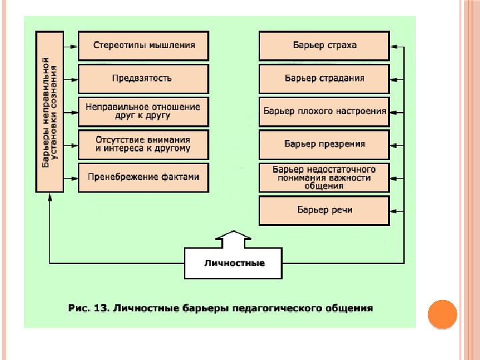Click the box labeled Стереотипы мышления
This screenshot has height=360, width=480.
[x=144, y=46]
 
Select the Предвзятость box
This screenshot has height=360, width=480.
[x=144, y=78]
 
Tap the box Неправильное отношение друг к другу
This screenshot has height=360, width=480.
[x=144, y=111]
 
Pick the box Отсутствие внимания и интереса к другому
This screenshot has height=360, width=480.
[x=144, y=143]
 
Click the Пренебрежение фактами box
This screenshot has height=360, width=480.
[x=144, y=177]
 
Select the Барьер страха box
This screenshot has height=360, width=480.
[x=324, y=46]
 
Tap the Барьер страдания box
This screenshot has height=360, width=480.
[x=324, y=78]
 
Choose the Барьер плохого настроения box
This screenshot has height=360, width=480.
[x=324, y=111]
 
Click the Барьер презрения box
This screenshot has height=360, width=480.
[x=324, y=143]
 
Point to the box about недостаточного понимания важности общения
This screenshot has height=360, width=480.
[x=324, y=177]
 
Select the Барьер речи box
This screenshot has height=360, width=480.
[x=324, y=210]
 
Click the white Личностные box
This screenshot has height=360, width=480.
[x=233, y=263]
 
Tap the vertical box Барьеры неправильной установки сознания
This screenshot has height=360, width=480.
[x=50, y=111]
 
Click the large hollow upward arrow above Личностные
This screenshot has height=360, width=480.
[x=233, y=238]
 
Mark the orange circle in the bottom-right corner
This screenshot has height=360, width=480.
[x=441, y=313]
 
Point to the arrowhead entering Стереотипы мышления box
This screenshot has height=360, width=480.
[x=75, y=47]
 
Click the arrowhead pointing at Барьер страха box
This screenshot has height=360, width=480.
[x=393, y=47]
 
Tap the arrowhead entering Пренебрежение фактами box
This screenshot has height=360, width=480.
[x=75, y=178]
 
